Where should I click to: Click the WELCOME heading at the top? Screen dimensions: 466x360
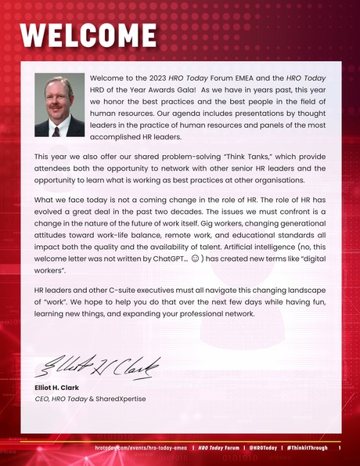[x=88, y=35]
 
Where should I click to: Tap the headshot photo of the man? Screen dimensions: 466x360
[x=59, y=106]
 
